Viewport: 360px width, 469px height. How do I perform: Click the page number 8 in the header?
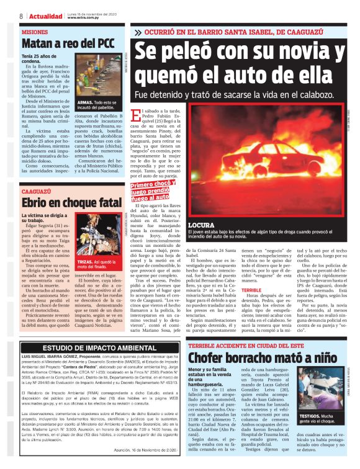click(22, 16)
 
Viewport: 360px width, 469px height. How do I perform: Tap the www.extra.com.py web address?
click(82, 17)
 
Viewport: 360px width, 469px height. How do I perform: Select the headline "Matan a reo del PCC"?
click(68, 43)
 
